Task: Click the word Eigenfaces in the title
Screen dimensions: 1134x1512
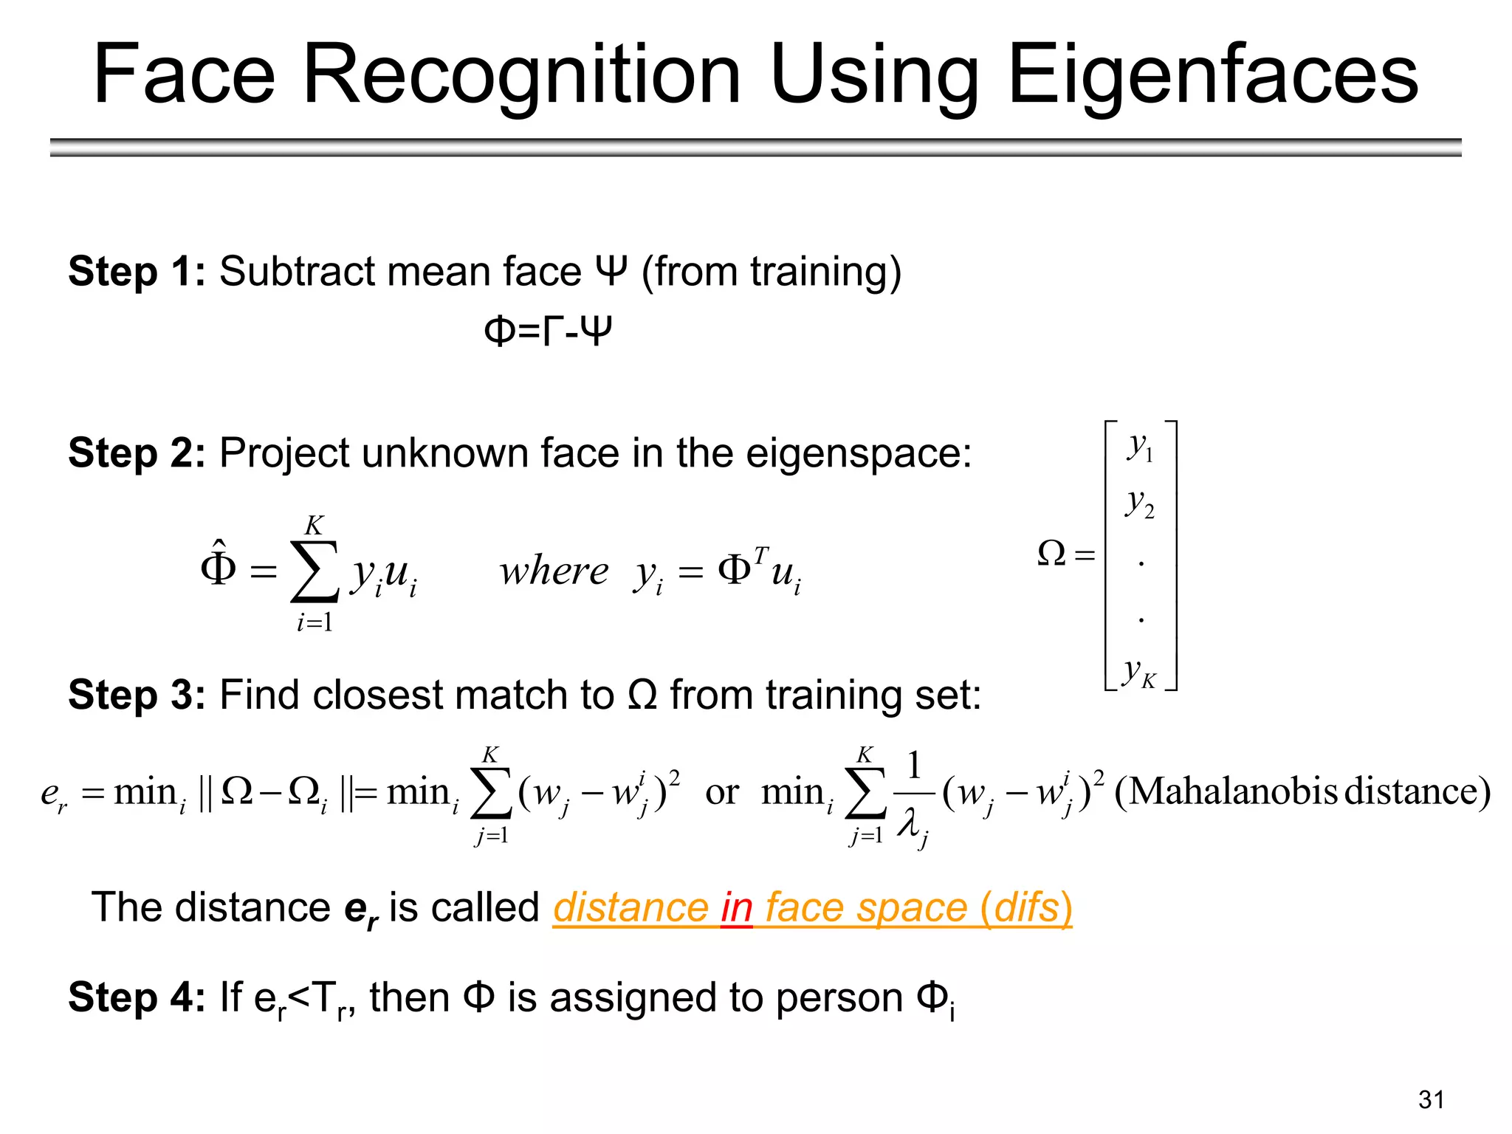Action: click(1212, 75)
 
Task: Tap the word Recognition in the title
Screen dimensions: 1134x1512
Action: click(522, 75)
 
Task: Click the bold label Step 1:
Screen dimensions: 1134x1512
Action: click(137, 272)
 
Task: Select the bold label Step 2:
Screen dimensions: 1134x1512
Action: click(137, 453)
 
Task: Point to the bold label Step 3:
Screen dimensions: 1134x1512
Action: click(137, 695)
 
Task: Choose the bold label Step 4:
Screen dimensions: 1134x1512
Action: click(137, 997)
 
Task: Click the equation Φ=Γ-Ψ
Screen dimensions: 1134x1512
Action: click(548, 331)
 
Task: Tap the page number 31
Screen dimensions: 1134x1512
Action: click(1431, 1100)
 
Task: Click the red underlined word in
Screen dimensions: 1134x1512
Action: click(737, 907)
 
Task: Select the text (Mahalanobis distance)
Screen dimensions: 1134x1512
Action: click(1302, 791)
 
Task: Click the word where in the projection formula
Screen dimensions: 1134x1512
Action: click(554, 571)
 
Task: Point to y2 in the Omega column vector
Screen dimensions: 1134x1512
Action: click(1140, 504)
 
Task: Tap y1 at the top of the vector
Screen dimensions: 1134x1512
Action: click(1140, 447)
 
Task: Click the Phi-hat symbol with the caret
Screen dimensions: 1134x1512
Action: click(219, 566)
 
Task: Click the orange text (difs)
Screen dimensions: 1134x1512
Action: click(1026, 907)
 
